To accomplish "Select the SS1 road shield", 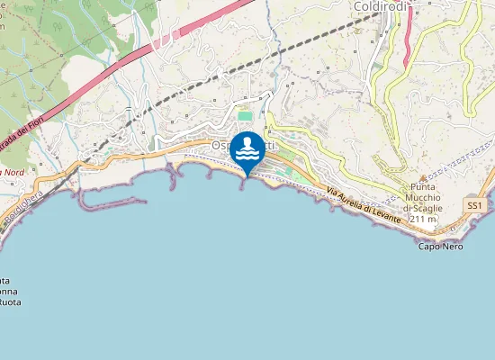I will click(x=475, y=205).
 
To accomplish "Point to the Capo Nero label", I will click(x=441, y=246).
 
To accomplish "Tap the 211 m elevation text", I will click(x=422, y=219).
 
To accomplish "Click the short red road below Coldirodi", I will click(x=407, y=40).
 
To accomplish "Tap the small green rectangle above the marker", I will click(x=245, y=116).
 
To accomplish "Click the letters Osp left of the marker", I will click(x=220, y=145).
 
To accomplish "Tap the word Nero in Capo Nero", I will click(x=452, y=246).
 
